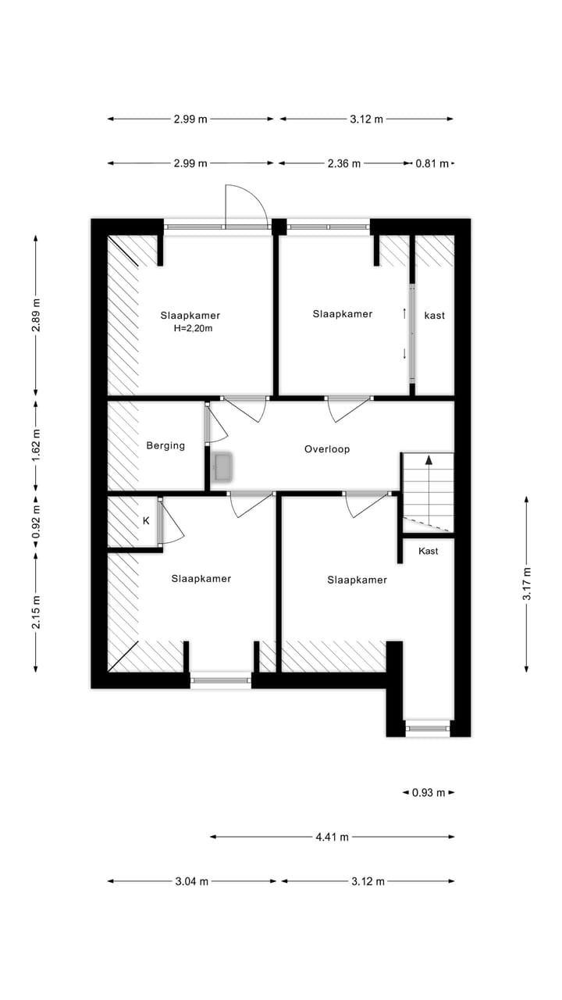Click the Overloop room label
coord(326,449)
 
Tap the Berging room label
coord(165,445)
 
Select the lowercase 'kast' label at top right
coord(435,315)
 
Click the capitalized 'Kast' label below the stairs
coord(428,551)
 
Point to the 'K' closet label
coord(145,520)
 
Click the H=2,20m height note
coord(193,329)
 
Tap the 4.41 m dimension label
coord(332,837)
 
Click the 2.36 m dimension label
coord(343,163)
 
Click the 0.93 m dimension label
coord(429,792)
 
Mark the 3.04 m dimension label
coord(192,881)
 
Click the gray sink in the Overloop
coord(224,467)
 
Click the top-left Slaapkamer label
coord(190,316)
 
